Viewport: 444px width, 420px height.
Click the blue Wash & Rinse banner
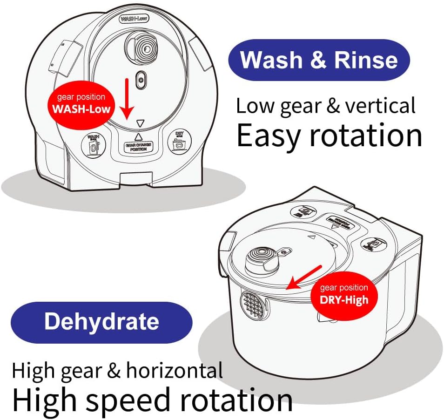point(319,60)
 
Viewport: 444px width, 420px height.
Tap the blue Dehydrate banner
point(101,322)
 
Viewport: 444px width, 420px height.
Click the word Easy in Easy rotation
point(269,135)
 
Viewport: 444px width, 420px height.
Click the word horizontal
point(174,371)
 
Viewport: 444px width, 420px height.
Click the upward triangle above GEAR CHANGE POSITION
point(138,137)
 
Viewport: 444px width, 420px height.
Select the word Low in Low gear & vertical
point(255,106)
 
